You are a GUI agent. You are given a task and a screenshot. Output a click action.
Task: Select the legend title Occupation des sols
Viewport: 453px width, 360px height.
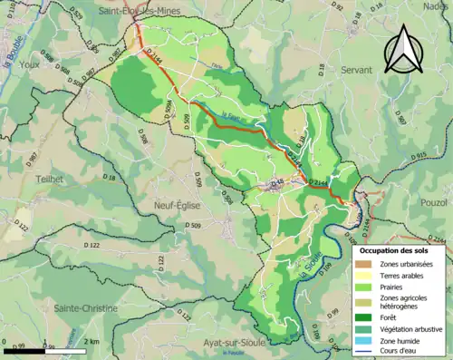[395, 248]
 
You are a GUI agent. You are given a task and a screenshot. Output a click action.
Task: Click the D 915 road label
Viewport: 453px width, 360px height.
[417, 156]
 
